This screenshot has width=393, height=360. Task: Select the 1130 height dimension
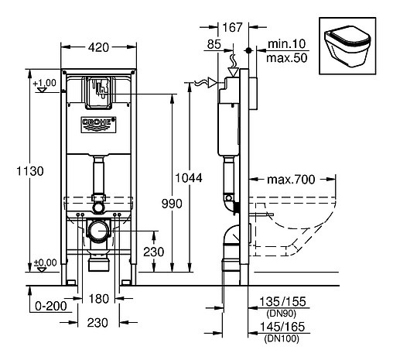27,170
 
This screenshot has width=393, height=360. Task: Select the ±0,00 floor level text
46,262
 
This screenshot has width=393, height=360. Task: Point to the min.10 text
284,45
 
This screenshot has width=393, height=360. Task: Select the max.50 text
284,58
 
